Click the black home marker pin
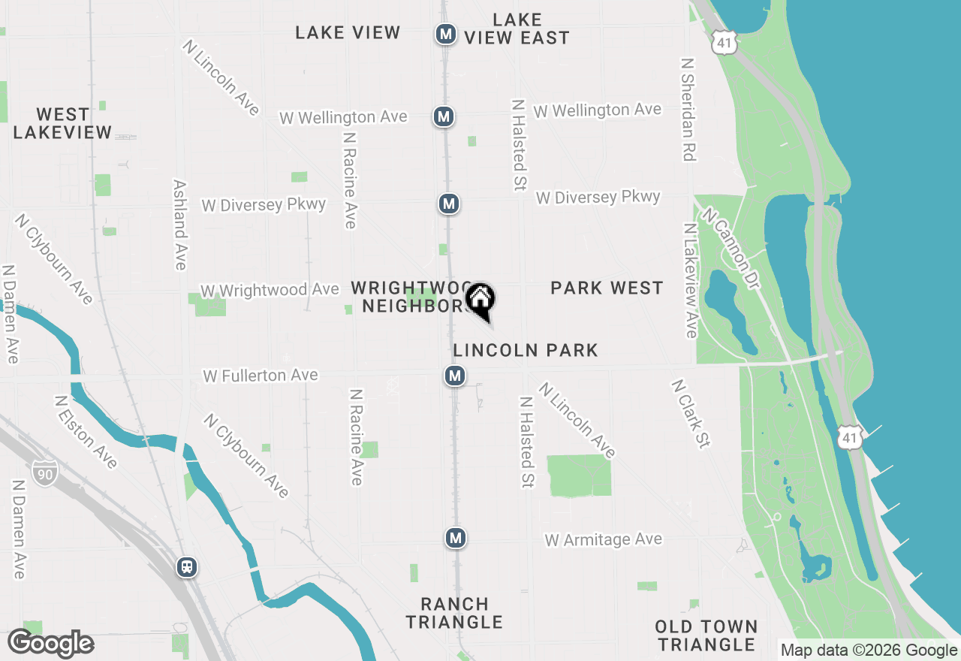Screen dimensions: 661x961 click(x=480, y=300)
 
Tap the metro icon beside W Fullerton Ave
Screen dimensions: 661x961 click(x=454, y=376)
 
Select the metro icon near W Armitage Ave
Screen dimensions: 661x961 click(x=455, y=538)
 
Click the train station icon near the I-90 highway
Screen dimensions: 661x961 click(x=187, y=567)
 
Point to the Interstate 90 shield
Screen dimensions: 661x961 click(x=44, y=472)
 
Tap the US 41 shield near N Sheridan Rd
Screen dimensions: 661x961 click(x=724, y=44)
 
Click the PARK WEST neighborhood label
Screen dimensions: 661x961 click(x=607, y=288)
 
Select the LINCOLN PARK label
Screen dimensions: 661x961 click(x=526, y=350)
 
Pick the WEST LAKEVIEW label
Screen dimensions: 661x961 click(x=63, y=123)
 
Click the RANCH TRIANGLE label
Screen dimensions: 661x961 click(x=454, y=613)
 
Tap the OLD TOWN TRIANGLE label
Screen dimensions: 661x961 click(x=706, y=635)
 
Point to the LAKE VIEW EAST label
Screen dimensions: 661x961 click(x=517, y=29)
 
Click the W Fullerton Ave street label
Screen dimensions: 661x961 click(x=261, y=375)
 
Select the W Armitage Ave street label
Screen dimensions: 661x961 click(x=604, y=539)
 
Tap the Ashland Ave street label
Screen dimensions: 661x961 click(x=180, y=224)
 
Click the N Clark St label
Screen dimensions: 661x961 click(x=690, y=414)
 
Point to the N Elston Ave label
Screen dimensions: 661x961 click(x=86, y=432)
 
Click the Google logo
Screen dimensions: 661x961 click(x=51, y=644)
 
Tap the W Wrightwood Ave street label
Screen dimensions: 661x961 click(x=270, y=290)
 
